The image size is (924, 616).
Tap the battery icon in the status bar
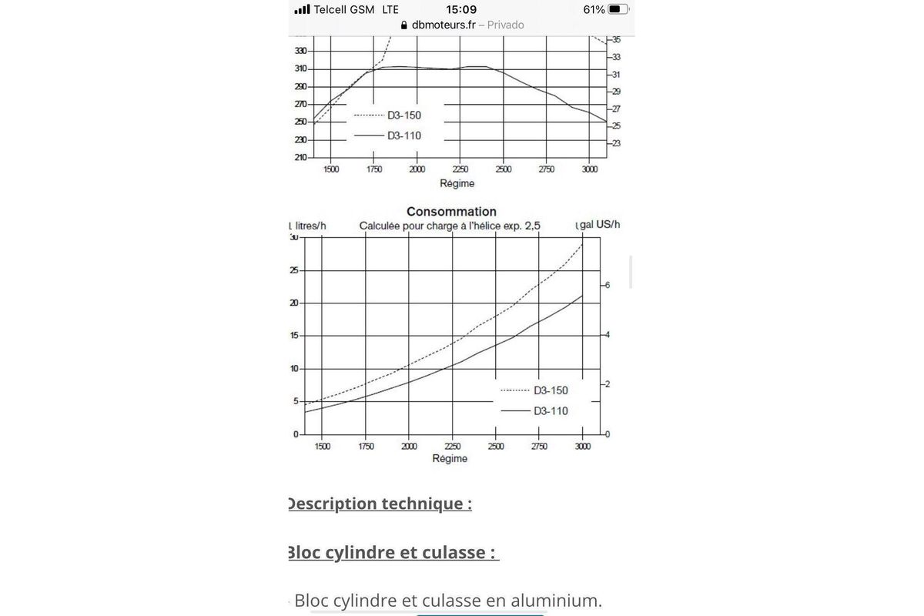tap(618, 9)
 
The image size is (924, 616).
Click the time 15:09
tap(461, 9)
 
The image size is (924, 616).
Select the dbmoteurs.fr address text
tap(444, 25)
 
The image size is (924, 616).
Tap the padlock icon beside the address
tap(405, 25)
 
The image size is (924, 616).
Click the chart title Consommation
tap(451, 211)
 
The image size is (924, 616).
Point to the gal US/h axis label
tap(599, 225)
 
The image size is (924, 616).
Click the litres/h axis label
tap(309, 226)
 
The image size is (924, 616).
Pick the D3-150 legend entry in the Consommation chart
tap(551, 390)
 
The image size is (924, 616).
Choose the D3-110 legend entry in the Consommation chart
tap(551, 410)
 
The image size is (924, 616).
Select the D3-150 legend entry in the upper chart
tap(403, 115)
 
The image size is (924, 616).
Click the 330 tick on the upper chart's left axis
tap(300, 51)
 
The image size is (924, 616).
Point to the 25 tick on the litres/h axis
tap(293, 270)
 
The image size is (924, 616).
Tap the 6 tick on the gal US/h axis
tap(607, 285)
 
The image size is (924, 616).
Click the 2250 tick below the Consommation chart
tap(452, 446)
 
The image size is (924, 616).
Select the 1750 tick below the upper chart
tap(374, 169)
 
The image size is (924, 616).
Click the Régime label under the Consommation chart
tap(450, 458)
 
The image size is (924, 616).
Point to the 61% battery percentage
tap(594, 9)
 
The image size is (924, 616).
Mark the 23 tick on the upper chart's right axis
tap(615, 143)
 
